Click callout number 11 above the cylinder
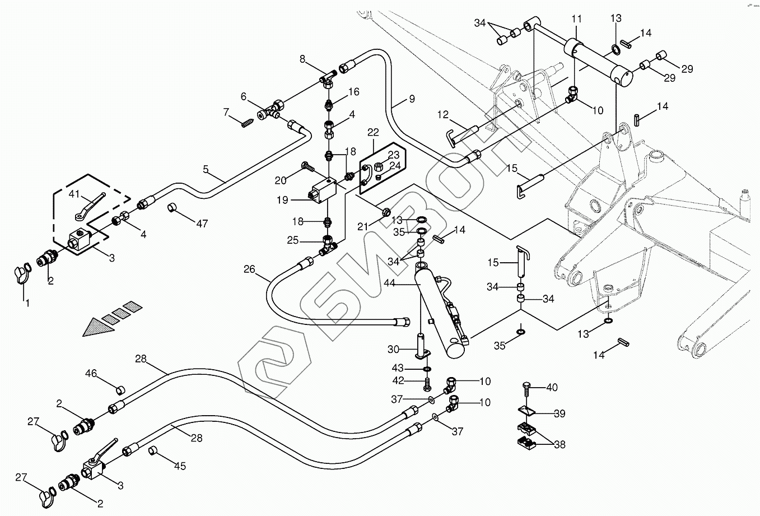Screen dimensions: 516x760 coord(576,20)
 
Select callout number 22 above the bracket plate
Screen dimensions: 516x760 coord(373,132)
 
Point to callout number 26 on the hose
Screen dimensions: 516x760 coord(249,270)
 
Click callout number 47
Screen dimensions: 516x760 coord(202,224)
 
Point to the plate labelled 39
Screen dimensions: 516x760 coord(528,412)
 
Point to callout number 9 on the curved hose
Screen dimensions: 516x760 coord(411,100)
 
